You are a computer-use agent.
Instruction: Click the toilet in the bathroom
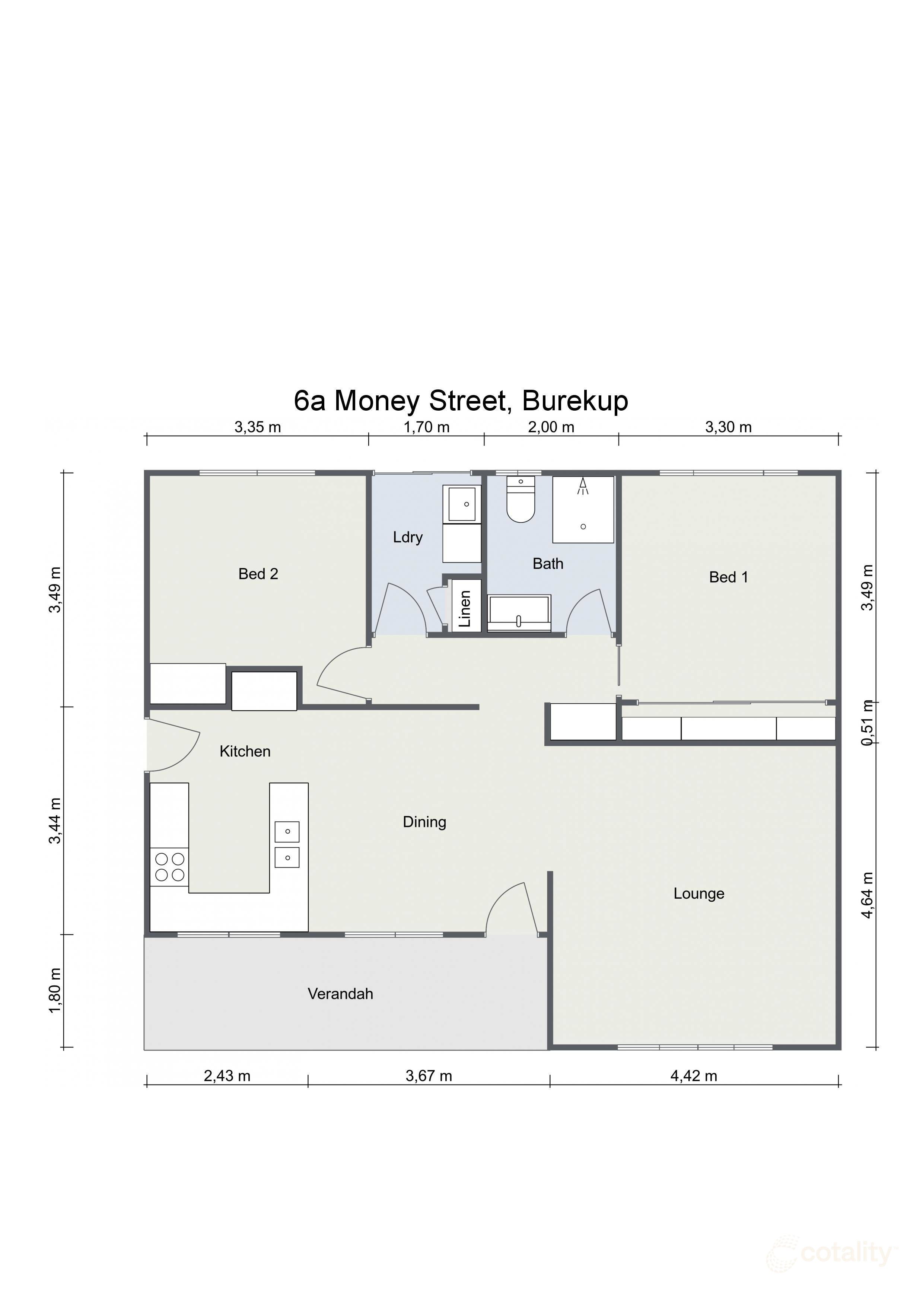(x=521, y=501)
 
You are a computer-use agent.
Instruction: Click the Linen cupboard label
(x=465, y=609)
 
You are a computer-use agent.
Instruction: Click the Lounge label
(x=698, y=894)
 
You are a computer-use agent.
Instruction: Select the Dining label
(x=424, y=822)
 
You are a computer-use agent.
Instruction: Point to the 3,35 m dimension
(x=258, y=427)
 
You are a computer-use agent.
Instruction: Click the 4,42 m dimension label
(x=693, y=1076)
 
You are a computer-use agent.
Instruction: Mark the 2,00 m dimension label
(x=551, y=427)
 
